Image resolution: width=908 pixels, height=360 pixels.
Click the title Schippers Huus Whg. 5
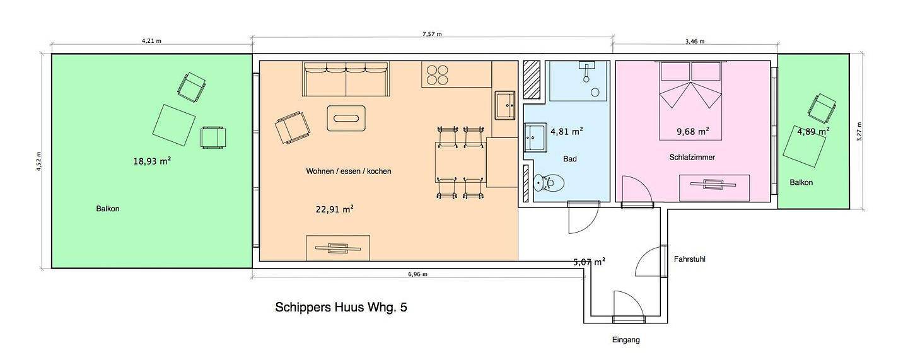(x=341, y=307)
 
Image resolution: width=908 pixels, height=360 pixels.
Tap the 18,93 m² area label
(x=152, y=161)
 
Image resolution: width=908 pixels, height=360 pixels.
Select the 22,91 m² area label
(x=334, y=209)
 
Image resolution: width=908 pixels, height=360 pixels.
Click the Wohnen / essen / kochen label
(x=349, y=171)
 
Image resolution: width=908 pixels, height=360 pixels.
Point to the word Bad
(x=569, y=159)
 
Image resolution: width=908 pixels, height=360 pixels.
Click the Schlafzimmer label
(x=692, y=157)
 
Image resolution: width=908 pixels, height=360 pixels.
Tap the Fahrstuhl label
(x=690, y=258)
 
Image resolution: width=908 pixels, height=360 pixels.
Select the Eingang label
(x=626, y=340)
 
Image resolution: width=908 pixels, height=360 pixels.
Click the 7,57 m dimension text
(x=432, y=34)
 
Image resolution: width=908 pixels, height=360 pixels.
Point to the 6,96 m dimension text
(x=417, y=274)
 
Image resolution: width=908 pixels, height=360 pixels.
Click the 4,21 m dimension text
(x=151, y=40)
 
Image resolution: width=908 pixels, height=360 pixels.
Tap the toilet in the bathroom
(x=549, y=183)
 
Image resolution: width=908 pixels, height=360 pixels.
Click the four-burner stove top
(x=438, y=75)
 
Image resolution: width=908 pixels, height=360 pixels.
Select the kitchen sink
(x=504, y=105)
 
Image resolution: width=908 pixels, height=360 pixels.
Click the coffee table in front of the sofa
(x=346, y=118)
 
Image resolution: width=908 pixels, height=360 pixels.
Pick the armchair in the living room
(x=293, y=127)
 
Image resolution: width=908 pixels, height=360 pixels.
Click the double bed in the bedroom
(x=690, y=100)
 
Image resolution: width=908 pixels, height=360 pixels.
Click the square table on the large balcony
(x=174, y=125)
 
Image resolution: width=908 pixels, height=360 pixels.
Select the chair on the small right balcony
(x=822, y=109)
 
